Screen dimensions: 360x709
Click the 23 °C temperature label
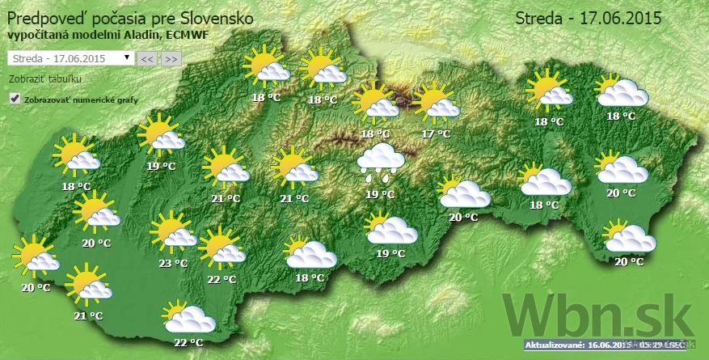point(173,263)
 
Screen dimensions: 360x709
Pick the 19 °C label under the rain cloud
point(380,194)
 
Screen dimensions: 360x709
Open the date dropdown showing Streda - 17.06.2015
point(70,58)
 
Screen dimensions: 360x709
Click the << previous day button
point(146,59)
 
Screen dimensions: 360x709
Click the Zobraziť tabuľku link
point(44,79)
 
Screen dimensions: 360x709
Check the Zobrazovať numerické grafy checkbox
point(14,99)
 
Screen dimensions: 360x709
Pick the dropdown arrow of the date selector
point(127,58)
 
